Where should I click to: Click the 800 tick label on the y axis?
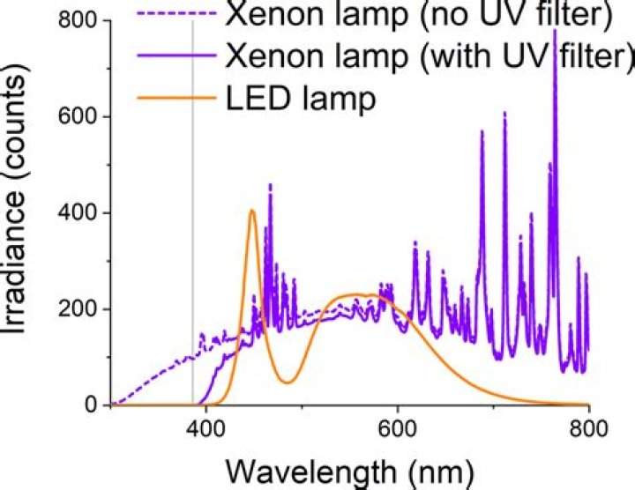(x=77, y=20)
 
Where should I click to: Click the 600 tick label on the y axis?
(x=77, y=116)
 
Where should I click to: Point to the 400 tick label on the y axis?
(x=77, y=212)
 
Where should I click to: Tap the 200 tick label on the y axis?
(x=77, y=309)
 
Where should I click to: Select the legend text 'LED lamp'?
(x=301, y=96)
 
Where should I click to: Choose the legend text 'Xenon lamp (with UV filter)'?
(x=430, y=55)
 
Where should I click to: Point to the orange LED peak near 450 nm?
(x=252, y=211)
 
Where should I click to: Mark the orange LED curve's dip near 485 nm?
(x=287, y=382)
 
